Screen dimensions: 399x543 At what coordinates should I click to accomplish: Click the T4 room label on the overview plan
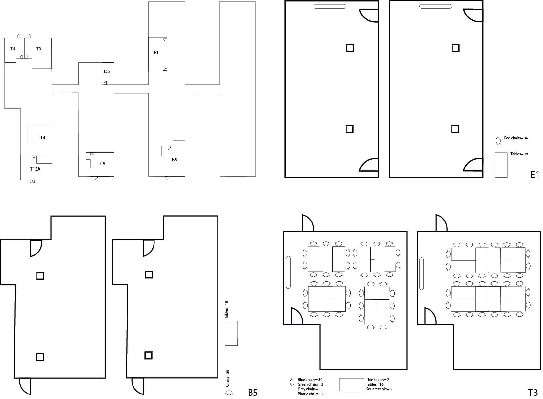[13, 49]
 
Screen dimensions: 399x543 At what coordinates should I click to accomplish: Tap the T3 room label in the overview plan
[38, 49]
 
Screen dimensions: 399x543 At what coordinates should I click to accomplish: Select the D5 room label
[107, 71]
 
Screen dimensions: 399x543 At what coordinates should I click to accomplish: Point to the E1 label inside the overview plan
[156, 53]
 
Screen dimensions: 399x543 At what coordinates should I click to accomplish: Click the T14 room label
[41, 138]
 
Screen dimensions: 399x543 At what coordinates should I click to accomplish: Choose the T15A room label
[35, 169]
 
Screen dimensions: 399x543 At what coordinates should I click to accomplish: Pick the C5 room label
[103, 164]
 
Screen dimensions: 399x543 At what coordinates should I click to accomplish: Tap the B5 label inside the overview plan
[175, 160]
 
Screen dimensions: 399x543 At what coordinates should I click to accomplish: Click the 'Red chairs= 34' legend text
[516, 138]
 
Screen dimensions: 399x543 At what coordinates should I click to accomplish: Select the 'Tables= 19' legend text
[519, 154]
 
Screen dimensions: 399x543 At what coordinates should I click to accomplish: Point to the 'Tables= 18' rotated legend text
[227, 310]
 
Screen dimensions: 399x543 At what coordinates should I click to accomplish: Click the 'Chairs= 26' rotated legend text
[227, 378]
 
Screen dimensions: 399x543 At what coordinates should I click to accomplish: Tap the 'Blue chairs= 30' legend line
[310, 380]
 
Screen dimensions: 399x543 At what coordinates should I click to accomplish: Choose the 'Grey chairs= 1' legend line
[309, 389]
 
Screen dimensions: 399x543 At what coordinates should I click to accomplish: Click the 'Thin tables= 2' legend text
[378, 380]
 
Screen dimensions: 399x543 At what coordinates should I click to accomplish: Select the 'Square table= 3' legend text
[379, 389]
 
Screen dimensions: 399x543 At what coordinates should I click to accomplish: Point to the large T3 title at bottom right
[533, 393]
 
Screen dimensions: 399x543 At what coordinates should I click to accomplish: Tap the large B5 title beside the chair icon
[253, 393]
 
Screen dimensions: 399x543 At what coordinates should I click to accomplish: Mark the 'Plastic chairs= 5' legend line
[310, 394]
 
